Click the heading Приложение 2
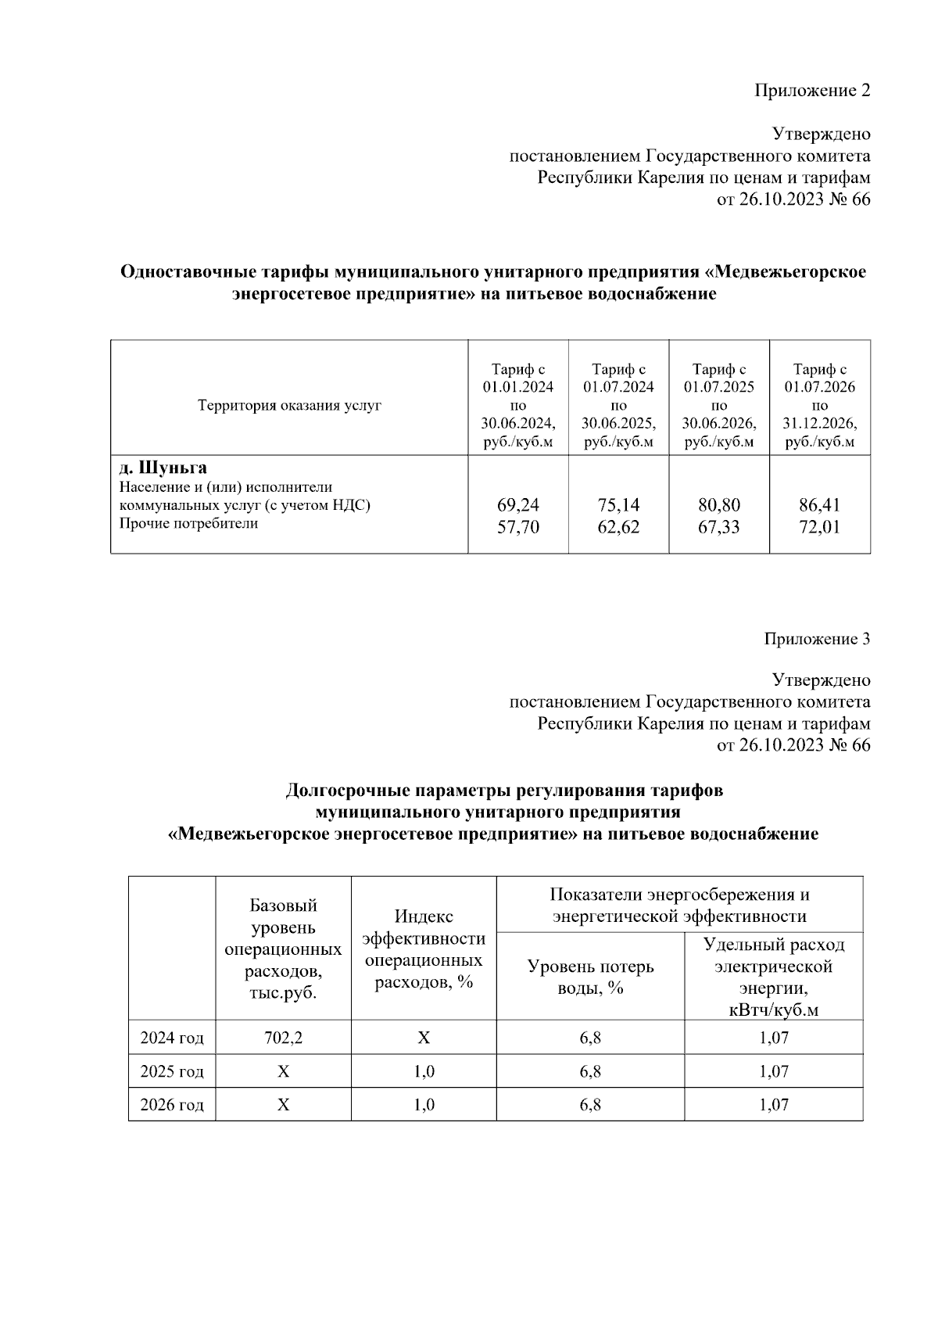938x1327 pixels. pos(811,91)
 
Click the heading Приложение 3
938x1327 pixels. pos(816,639)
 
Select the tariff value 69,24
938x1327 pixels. pos(518,505)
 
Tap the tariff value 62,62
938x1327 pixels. pos(618,527)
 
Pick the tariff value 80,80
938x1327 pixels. pos(719,505)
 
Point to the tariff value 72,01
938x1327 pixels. pos(819,527)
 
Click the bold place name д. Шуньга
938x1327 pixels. pos(163,468)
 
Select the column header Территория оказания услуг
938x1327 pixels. pos(289,406)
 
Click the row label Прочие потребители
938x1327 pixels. pos(188,523)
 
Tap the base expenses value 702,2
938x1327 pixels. pos(283,1038)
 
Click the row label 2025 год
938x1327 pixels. pos(172,1071)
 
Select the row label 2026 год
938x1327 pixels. pos(172,1105)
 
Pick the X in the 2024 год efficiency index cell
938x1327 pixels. pos(424,1038)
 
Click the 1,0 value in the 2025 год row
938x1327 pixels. pos(424,1071)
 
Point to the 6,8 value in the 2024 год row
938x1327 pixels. pos(590,1038)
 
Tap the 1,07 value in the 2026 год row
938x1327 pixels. pos(774,1105)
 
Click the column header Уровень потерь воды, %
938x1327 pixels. pos(590,977)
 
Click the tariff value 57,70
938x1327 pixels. pos(518,527)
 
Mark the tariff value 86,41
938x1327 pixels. pos(819,505)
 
